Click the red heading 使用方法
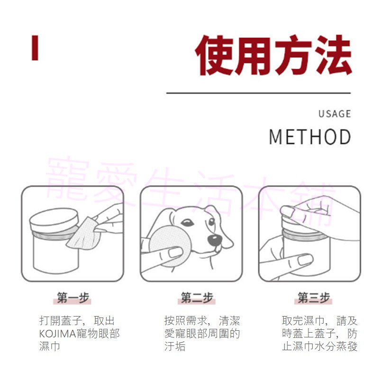click(x=274, y=56)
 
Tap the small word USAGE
click(x=335, y=114)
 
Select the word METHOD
click(x=310, y=136)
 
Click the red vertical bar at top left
click(x=35, y=48)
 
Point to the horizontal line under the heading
click(x=258, y=93)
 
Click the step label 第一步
click(x=73, y=298)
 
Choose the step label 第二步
click(x=197, y=298)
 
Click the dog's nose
click(x=214, y=239)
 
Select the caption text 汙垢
click(x=175, y=346)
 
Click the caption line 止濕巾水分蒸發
click(x=319, y=346)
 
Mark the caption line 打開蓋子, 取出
click(x=77, y=321)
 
